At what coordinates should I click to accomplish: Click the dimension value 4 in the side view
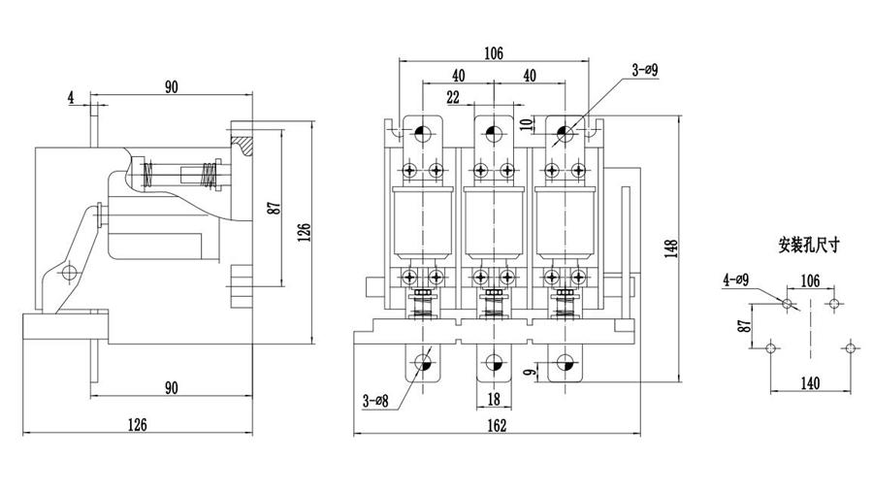(x=72, y=97)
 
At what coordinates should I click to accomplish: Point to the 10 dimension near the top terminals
(x=525, y=123)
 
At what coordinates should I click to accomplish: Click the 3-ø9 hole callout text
(x=644, y=70)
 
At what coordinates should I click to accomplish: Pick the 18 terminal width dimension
(x=493, y=398)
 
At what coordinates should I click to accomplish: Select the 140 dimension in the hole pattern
(x=810, y=382)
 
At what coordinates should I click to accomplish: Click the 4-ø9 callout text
(x=735, y=280)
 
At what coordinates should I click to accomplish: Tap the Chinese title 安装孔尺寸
(x=808, y=246)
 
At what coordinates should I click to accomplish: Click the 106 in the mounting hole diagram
(x=810, y=280)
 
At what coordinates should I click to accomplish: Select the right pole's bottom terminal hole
(x=564, y=363)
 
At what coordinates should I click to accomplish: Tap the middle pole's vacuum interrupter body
(x=493, y=222)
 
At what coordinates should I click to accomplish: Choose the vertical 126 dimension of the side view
(x=304, y=232)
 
